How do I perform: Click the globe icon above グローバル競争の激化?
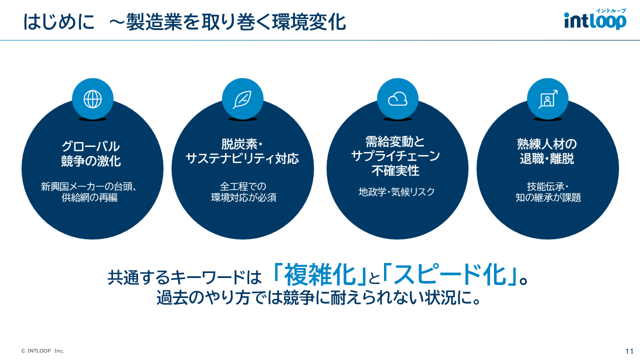click(x=92, y=99)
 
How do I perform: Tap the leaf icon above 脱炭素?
click(x=242, y=99)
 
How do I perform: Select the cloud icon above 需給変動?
click(x=397, y=99)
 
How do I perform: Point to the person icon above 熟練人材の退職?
click(x=547, y=99)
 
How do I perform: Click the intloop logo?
click(x=594, y=19)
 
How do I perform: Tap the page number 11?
click(x=629, y=351)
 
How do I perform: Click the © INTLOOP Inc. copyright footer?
click(x=42, y=351)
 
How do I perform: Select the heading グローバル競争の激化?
click(x=90, y=153)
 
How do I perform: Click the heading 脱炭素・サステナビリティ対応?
click(x=242, y=151)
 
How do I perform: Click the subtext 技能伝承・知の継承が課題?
click(x=548, y=192)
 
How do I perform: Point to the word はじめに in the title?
click(x=59, y=22)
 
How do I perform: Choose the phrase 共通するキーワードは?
click(x=184, y=277)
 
